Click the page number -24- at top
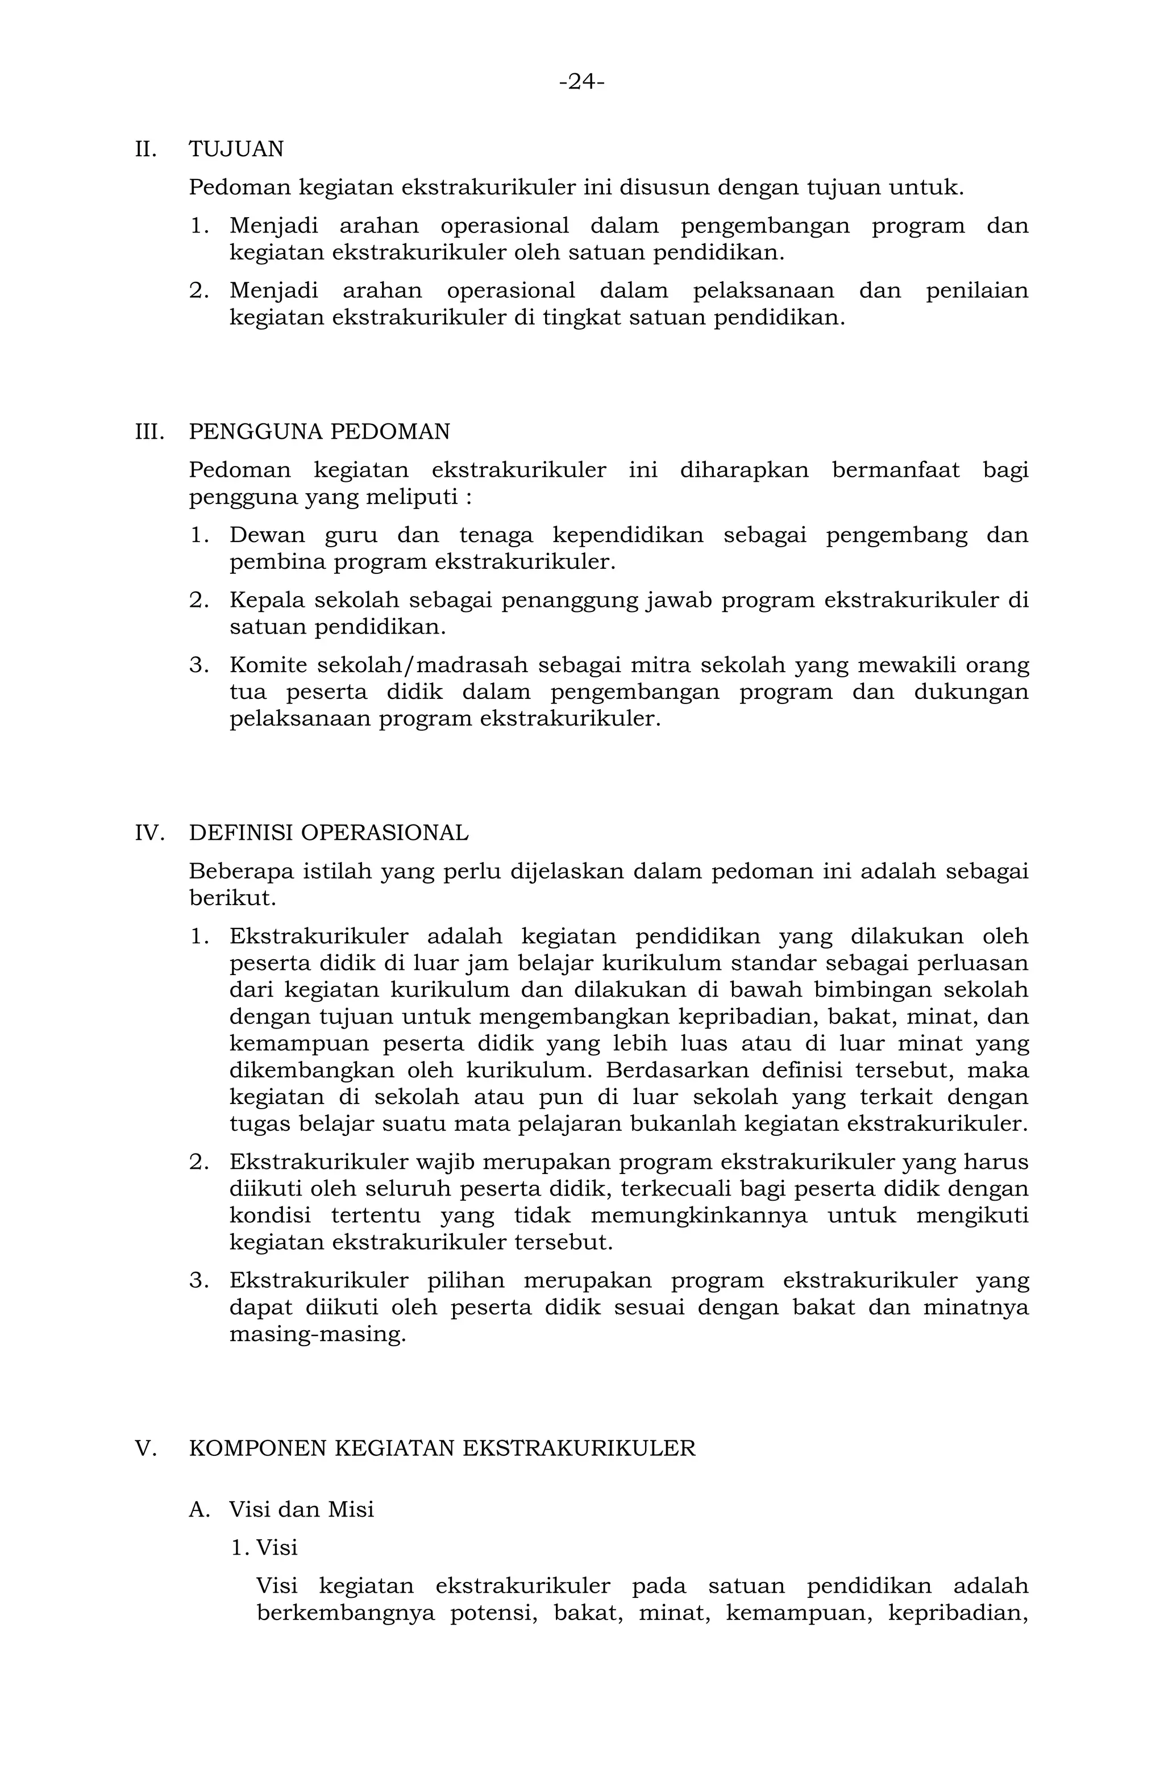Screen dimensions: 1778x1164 [x=581, y=81]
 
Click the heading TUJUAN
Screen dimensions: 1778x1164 [x=236, y=149]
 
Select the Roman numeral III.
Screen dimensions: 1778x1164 [x=149, y=432]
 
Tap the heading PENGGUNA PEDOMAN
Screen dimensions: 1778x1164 [x=319, y=432]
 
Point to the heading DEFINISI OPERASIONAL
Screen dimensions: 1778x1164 [x=329, y=833]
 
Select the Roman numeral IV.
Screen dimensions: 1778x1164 [x=149, y=833]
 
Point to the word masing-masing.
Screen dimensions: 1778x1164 [x=318, y=1334]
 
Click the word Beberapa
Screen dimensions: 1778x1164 [x=242, y=871]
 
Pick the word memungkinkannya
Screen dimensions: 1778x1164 [x=699, y=1215]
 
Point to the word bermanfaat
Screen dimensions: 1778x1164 [x=896, y=470]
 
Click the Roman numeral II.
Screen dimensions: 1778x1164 [x=145, y=149]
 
